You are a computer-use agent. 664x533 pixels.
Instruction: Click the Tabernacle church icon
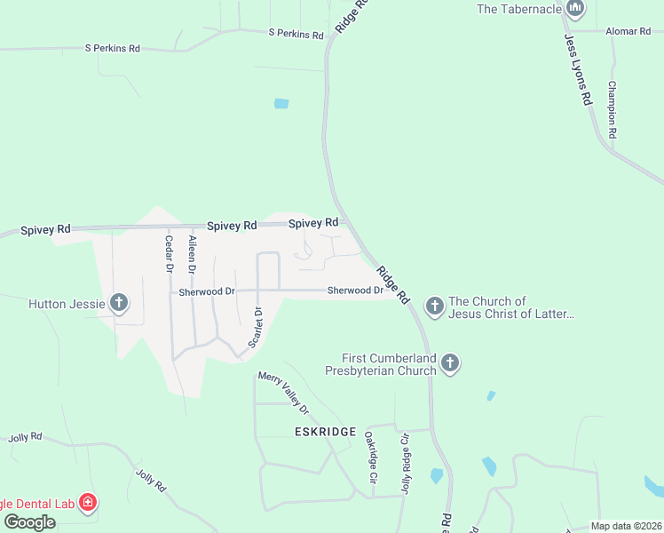tap(575, 10)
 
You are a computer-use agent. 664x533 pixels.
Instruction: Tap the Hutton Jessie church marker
tap(118, 304)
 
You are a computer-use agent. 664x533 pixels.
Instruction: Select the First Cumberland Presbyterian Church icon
tap(450, 362)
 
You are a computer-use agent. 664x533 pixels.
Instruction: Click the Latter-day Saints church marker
tap(434, 307)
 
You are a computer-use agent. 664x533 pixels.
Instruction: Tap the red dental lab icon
tap(87, 504)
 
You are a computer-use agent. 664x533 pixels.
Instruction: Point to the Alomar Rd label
tap(628, 31)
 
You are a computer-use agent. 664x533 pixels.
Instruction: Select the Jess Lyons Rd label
tap(577, 71)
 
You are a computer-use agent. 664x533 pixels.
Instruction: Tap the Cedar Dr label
tap(167, 253)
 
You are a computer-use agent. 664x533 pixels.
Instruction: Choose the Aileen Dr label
tap(191, 253)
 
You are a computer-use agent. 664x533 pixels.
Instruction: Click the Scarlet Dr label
tap(256, 326)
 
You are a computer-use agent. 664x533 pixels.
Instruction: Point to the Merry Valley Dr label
tap(283, 392)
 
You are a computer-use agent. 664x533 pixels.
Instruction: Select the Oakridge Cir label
tap(371, 457)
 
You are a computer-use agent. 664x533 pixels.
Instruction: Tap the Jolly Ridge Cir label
tap(405, 462)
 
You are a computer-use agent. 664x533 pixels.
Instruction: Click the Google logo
tap(29, 521)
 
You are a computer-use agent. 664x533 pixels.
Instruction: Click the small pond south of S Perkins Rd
tap(281, 103)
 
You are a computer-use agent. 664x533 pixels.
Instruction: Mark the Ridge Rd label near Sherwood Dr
tap(391, 283)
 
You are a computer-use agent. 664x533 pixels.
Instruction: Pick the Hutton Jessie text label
tap(59, 304)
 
